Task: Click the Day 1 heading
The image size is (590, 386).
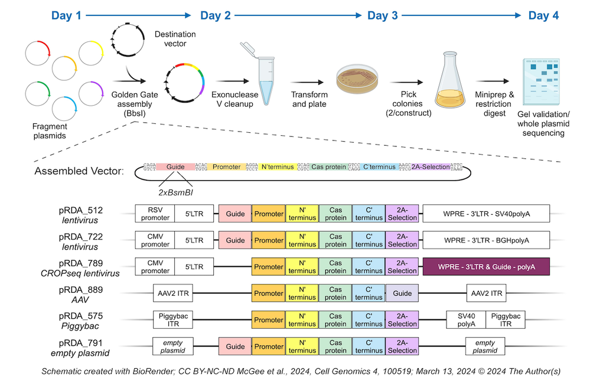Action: [x=66, y=15]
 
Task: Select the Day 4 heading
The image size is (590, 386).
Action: [x=543, y=15]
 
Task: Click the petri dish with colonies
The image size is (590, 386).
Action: [x=357, y=81]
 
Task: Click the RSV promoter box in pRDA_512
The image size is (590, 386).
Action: [x=155, y=214]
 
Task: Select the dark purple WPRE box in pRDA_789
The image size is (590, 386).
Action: [x=486, y=267]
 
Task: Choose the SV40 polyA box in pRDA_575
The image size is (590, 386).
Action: [x=465, y=320]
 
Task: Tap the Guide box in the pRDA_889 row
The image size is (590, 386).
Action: [x=402, y=293]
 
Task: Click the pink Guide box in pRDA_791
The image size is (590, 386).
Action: [x=235, y=346]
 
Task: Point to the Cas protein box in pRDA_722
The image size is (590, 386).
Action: [x=335, y=240]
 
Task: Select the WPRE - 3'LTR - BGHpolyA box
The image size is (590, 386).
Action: [x=486, y=240]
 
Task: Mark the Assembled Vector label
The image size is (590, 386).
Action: [x=79, y=171]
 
